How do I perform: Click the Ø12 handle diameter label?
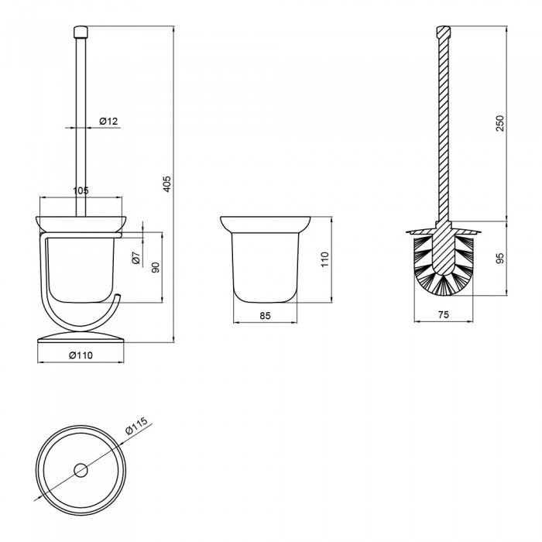[x=108, y=121]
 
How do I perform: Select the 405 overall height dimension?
[x=167, y=184]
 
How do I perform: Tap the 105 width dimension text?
[x=81, y=190]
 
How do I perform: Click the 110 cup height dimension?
[x=324, y=259]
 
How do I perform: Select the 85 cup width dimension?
[x=266, y=315]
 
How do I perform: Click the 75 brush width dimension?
[x=444, y=315]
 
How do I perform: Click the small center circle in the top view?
[x=80, y=469]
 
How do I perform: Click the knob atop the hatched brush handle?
[x=443, y=33]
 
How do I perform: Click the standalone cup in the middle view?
[x=266, y=259]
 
